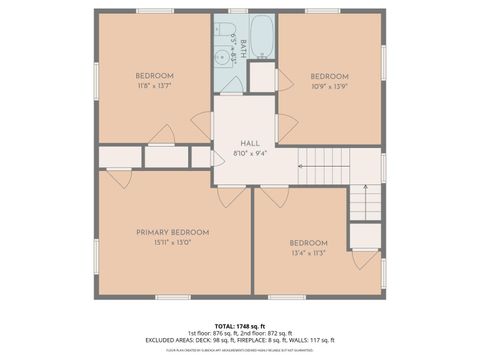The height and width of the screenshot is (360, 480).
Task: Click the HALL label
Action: pos(250,143)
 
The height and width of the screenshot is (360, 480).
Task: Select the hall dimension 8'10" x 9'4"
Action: pos(250,153)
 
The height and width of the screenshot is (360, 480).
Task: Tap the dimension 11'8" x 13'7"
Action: pos(155,86)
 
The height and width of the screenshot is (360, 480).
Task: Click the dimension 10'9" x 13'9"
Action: pos(329,87)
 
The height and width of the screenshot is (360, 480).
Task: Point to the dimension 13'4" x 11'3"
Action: pos(309,253)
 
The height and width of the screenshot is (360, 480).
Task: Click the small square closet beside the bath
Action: pos(263,77)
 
